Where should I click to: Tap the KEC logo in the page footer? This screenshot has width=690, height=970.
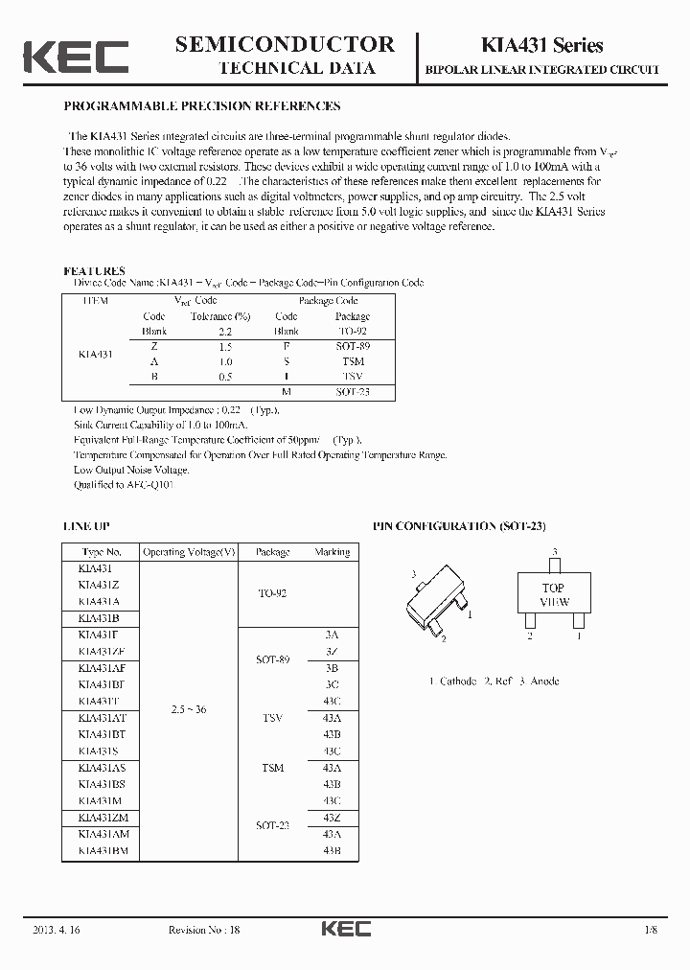click(345, 929)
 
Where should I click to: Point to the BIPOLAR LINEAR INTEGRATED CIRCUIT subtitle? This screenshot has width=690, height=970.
click(555, 70)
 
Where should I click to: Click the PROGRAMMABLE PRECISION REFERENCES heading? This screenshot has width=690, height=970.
click(201, 106)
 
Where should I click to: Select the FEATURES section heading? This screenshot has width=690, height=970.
click(94, 271)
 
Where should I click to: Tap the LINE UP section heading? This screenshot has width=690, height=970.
click(86, 526)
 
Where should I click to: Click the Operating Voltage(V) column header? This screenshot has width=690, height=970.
click(189, 552)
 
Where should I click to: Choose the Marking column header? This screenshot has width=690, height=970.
click(332, 552)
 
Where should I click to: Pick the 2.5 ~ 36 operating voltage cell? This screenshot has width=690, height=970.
click(189, 709)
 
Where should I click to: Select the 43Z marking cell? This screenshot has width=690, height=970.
click(332, 817)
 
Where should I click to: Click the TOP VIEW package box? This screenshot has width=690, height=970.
click(554, 595)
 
